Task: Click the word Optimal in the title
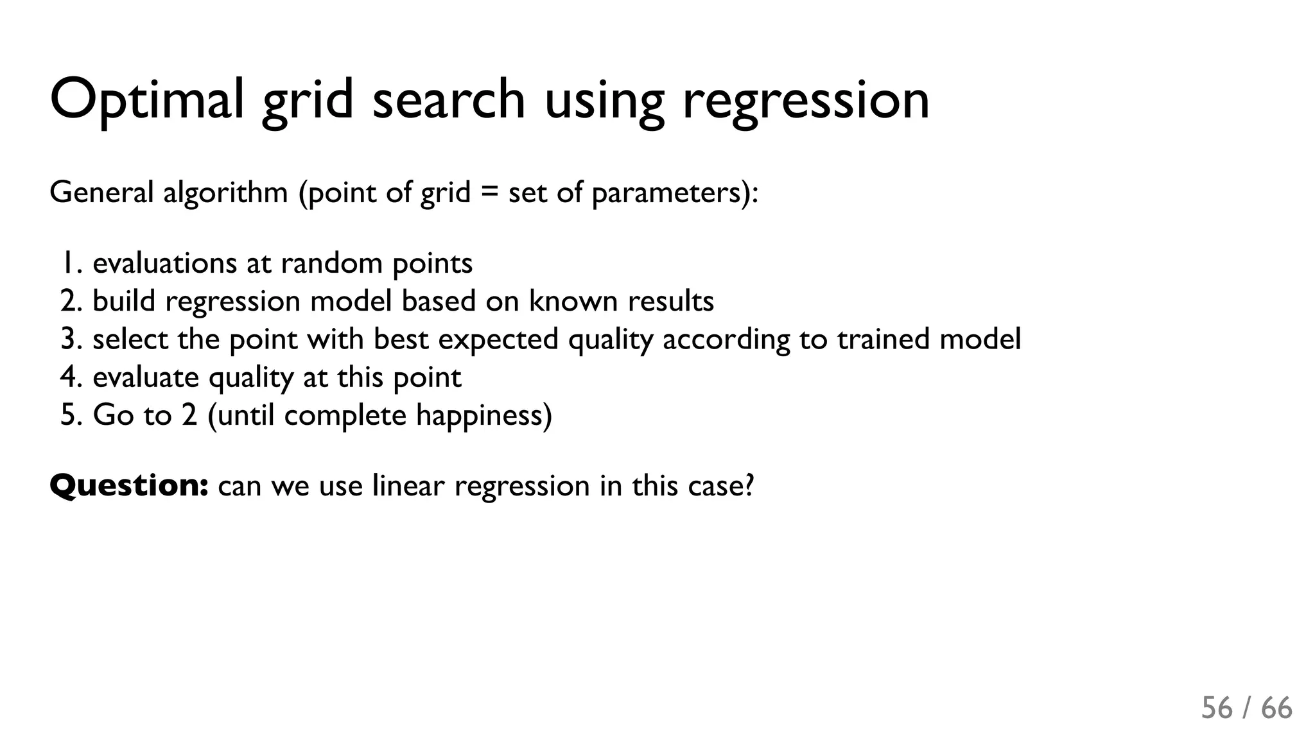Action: pos(146,99)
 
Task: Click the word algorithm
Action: pos(225,193)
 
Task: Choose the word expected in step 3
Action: pos(498,340)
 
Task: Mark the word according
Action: pos(726,340)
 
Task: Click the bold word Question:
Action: pos(128,486)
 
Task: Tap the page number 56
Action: pos(1217,709)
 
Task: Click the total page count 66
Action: pos(1276,709)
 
